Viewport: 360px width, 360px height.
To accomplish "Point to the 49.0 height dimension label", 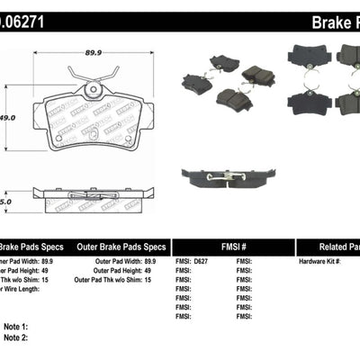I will (x=9, y=116).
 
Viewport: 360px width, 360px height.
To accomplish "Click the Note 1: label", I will (x=16, y=327).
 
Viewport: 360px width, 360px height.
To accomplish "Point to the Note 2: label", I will (x=16, y=337).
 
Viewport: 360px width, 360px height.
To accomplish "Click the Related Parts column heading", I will (x=330, y=246).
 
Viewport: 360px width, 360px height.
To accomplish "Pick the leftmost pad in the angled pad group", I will (x=196, y=84).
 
